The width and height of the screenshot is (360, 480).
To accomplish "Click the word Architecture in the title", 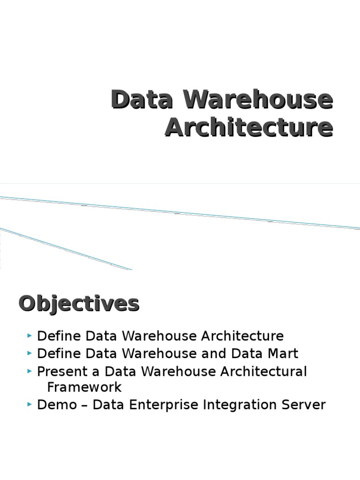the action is pos(249,127).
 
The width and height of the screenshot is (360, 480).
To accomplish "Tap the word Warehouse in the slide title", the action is pos(257,99).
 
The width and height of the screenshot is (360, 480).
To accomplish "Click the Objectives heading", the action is pos(79,303).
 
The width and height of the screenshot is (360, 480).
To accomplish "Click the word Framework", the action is pos(84,387).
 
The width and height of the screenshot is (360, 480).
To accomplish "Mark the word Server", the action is pos(302,405).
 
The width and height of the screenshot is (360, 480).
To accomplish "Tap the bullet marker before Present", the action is pos(30,372).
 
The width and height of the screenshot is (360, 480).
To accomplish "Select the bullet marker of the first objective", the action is pos(30,336).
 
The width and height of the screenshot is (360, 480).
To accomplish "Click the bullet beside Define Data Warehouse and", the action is pos(30,353).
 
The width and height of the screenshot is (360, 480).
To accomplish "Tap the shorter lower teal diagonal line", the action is pos(66,249).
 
